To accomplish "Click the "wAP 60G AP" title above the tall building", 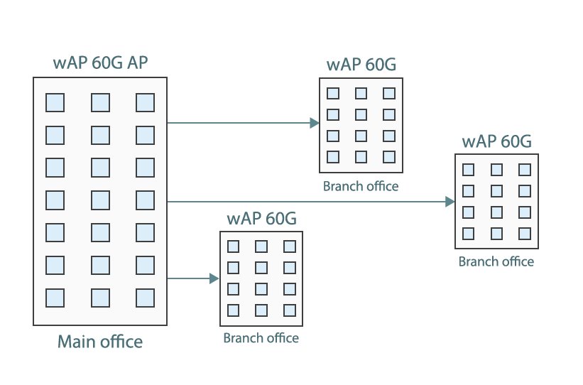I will tap(99, 63).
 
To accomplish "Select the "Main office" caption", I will tap(100, 342).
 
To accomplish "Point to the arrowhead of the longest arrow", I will tap(450, 202).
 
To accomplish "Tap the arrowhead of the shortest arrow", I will tap(214, 279).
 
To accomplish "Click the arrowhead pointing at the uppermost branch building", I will tap(315, 123).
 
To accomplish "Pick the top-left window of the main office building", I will tap(55, 102).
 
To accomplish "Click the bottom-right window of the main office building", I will tap(146, 297).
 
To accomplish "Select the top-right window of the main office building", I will tap(146, 102).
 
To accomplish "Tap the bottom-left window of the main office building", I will tap(55, 297).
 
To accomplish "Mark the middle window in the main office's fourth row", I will tap(100, 200).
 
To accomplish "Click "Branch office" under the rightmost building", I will tap(496, 261).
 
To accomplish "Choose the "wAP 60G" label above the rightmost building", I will tap(496, 141).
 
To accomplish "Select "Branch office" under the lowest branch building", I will tap(261, 338).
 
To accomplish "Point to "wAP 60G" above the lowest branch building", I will tap(261, 219).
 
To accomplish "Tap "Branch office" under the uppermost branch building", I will tap(361, 187).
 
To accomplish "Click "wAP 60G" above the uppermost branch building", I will tap(361, 65).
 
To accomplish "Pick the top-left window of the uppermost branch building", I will tap(333, 93).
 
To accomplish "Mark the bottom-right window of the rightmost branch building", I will tap(525, 234).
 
